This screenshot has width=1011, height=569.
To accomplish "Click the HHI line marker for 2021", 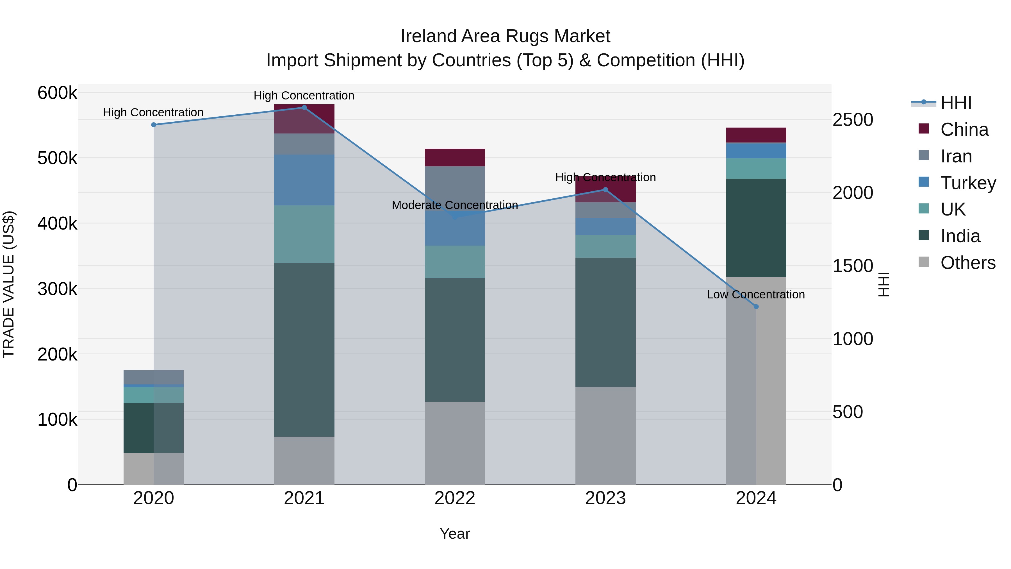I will point(304,108).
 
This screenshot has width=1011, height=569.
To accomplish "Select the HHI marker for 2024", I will point(756,307).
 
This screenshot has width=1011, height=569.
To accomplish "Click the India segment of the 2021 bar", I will point(304,350).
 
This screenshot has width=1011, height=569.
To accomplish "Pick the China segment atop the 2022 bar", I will point(455,157).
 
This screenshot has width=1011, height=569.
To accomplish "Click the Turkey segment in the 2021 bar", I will point(304,180).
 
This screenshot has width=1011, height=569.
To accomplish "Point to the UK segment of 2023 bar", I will point(605,246).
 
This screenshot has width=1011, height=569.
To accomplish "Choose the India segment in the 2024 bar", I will point(756,228).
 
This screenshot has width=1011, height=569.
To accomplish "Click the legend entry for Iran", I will point(956,156).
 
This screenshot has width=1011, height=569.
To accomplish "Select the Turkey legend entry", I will point(968,183).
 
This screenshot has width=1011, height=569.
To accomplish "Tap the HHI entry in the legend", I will point(956,103).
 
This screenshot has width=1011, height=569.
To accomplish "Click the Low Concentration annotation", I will point(755,294).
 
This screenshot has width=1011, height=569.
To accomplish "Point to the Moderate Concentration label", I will point(455,205).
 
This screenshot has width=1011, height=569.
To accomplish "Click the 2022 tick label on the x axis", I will point(455,498).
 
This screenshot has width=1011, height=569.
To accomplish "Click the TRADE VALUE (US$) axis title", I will point(9,284).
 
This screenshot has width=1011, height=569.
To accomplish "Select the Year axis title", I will point(455,534).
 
